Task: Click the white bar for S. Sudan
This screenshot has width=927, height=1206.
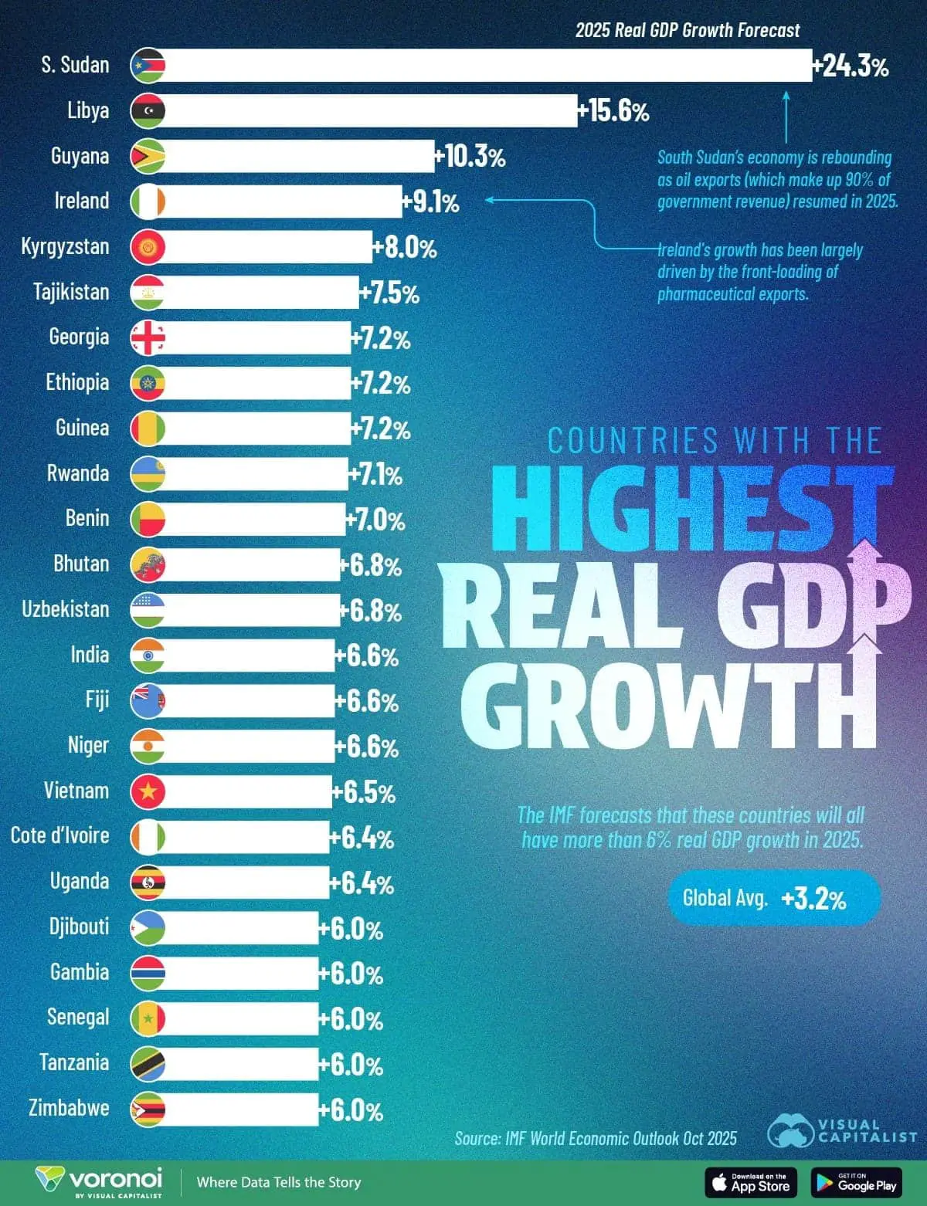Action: (x=487, y=66)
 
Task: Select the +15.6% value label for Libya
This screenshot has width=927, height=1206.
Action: (x=614, y=111)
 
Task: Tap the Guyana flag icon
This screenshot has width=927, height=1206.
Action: (x=148, y=156)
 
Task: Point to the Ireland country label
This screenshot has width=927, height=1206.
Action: (x=81, y=201)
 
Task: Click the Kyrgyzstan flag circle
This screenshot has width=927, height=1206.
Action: (x=148, y=247)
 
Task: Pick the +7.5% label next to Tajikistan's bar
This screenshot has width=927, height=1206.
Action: (x=389, y=293)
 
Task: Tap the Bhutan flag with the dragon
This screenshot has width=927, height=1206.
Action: (x=148, y=564)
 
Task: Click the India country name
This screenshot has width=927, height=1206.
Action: (x=90, y=655)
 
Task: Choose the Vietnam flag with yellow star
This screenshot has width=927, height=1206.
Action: (x=148, y=791)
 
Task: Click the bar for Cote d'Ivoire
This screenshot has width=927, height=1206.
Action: (x=247, y=837)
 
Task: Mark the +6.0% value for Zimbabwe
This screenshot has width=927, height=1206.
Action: (x=351, y=1110)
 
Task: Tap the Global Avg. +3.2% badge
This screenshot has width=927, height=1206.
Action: (x=773, y=898)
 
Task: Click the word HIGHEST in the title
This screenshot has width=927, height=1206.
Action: (x=691, y=510)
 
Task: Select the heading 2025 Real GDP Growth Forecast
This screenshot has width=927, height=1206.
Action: (x=688, y=31)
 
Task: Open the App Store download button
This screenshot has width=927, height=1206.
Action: (x=750, y=1182)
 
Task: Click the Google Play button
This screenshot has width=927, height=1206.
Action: (x=856, y=1182)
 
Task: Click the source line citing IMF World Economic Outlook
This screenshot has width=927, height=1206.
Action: (x=596, y=1138)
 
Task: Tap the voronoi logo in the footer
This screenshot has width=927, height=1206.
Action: (x=99, y=1182)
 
